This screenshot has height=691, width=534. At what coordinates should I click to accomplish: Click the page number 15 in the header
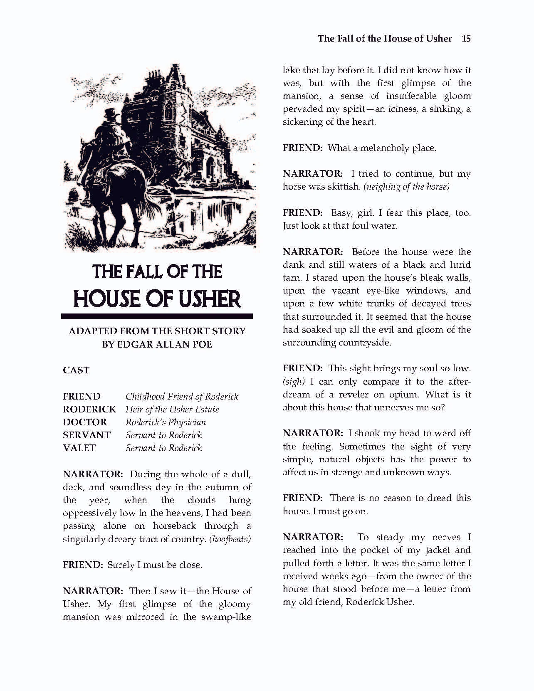point(466,39)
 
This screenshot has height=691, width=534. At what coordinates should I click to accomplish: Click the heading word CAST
point(76,370)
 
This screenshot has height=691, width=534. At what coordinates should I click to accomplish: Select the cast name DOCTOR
point(85,422)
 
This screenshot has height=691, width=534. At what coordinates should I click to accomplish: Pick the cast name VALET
point(79,448)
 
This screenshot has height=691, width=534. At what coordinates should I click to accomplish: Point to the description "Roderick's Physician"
point(166,422)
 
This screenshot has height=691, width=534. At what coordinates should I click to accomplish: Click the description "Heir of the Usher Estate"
point(172,409)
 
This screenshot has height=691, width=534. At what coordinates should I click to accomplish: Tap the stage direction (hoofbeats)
point(230,539)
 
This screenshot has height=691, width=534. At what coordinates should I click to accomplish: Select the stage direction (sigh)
point(294,381)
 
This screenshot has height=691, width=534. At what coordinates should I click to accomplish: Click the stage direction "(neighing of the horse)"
point(406,186)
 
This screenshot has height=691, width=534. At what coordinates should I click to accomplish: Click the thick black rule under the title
point(157,316)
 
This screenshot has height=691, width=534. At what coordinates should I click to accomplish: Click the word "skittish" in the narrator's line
point(344,186)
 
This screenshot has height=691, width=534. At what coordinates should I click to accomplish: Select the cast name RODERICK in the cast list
point(89,409)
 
